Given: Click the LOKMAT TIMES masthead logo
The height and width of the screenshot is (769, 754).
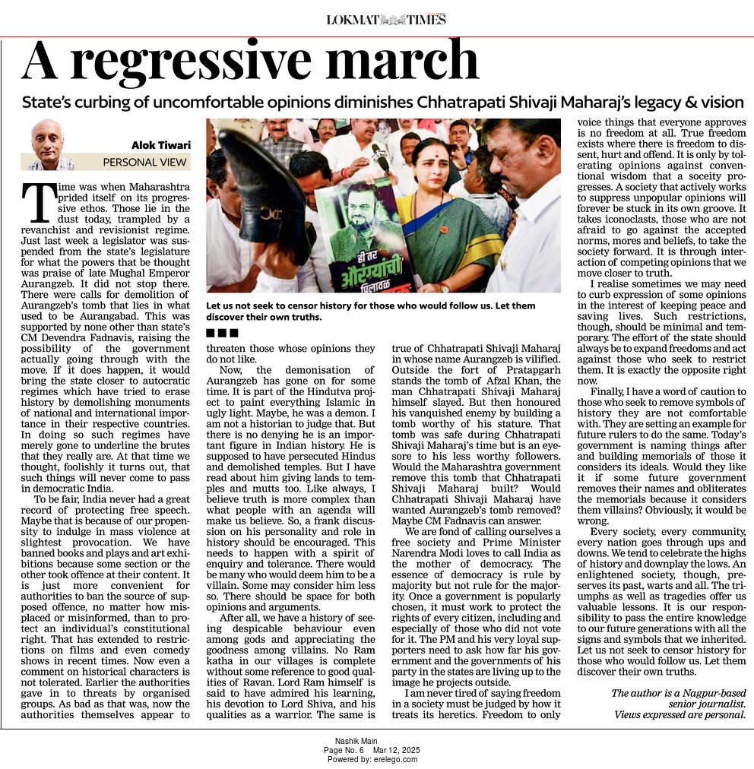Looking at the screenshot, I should (386, 20).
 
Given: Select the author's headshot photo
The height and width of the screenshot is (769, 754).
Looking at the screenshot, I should (47, 144).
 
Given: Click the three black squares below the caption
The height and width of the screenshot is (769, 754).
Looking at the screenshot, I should (223, 332).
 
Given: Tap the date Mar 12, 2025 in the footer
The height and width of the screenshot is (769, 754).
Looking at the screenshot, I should (395, 750).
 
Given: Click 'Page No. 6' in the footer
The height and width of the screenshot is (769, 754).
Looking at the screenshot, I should (344, 750).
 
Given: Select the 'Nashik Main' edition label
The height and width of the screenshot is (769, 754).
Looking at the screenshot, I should (356, 741).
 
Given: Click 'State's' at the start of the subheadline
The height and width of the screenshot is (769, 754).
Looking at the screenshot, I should (48, 102).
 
